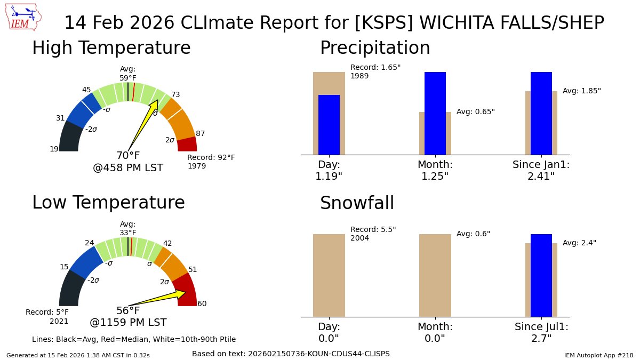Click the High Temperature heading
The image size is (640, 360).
(x=111, y=48)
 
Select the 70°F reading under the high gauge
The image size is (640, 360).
(x=128, y=156)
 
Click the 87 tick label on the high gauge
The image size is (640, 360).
(x=200, y=133)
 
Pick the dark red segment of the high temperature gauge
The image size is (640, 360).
(x=187, y=145)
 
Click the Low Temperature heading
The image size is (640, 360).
(x=108, y=203)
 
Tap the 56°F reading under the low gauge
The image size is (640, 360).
(x=128, y=311)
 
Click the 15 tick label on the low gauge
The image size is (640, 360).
(x=63, y=267)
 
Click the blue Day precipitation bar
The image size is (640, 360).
(x=329, y=125)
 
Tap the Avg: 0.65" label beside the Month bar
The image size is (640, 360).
(x=475, y=112)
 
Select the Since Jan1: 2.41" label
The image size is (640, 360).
(x=541, y=170)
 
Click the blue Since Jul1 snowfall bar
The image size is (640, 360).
(x=541, y=275)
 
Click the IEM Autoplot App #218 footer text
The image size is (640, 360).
(x=598, y=355)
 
